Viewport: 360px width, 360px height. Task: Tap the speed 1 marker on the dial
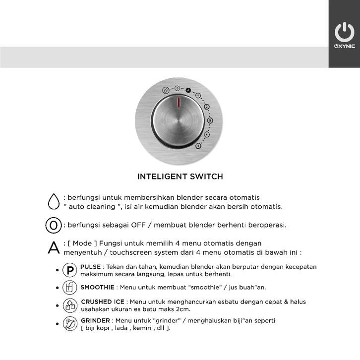pyautogui.click(x=198, y=95)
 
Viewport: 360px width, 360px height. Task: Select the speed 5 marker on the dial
pyautogui.click(x=198, y=146)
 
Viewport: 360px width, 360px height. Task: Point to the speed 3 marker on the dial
pyautogui.click(x=210, y=120)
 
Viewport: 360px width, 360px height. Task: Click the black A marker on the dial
pyautogui.click(x=188, y=90)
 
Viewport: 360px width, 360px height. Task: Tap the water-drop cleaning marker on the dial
pyautogui.click(x=166, y=91)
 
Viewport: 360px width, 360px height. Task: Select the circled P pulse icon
pyautogui.click(x=69, y=270)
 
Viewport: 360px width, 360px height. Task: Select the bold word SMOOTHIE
pyautogui.click(x=98, y=287)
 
